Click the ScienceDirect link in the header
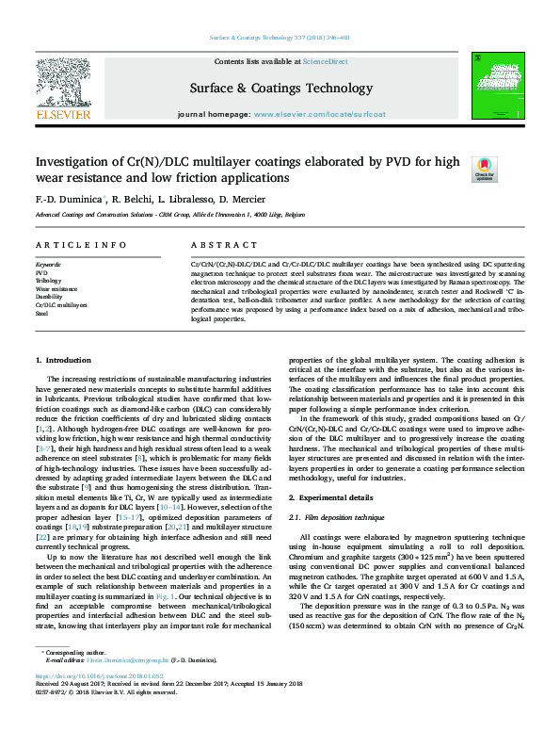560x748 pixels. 327,61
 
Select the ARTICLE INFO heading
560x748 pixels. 67,245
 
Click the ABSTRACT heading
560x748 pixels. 211,245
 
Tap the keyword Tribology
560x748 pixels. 48,280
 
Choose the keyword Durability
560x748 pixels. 49,297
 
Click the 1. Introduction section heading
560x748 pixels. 63,360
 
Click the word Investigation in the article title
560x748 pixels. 75,162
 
